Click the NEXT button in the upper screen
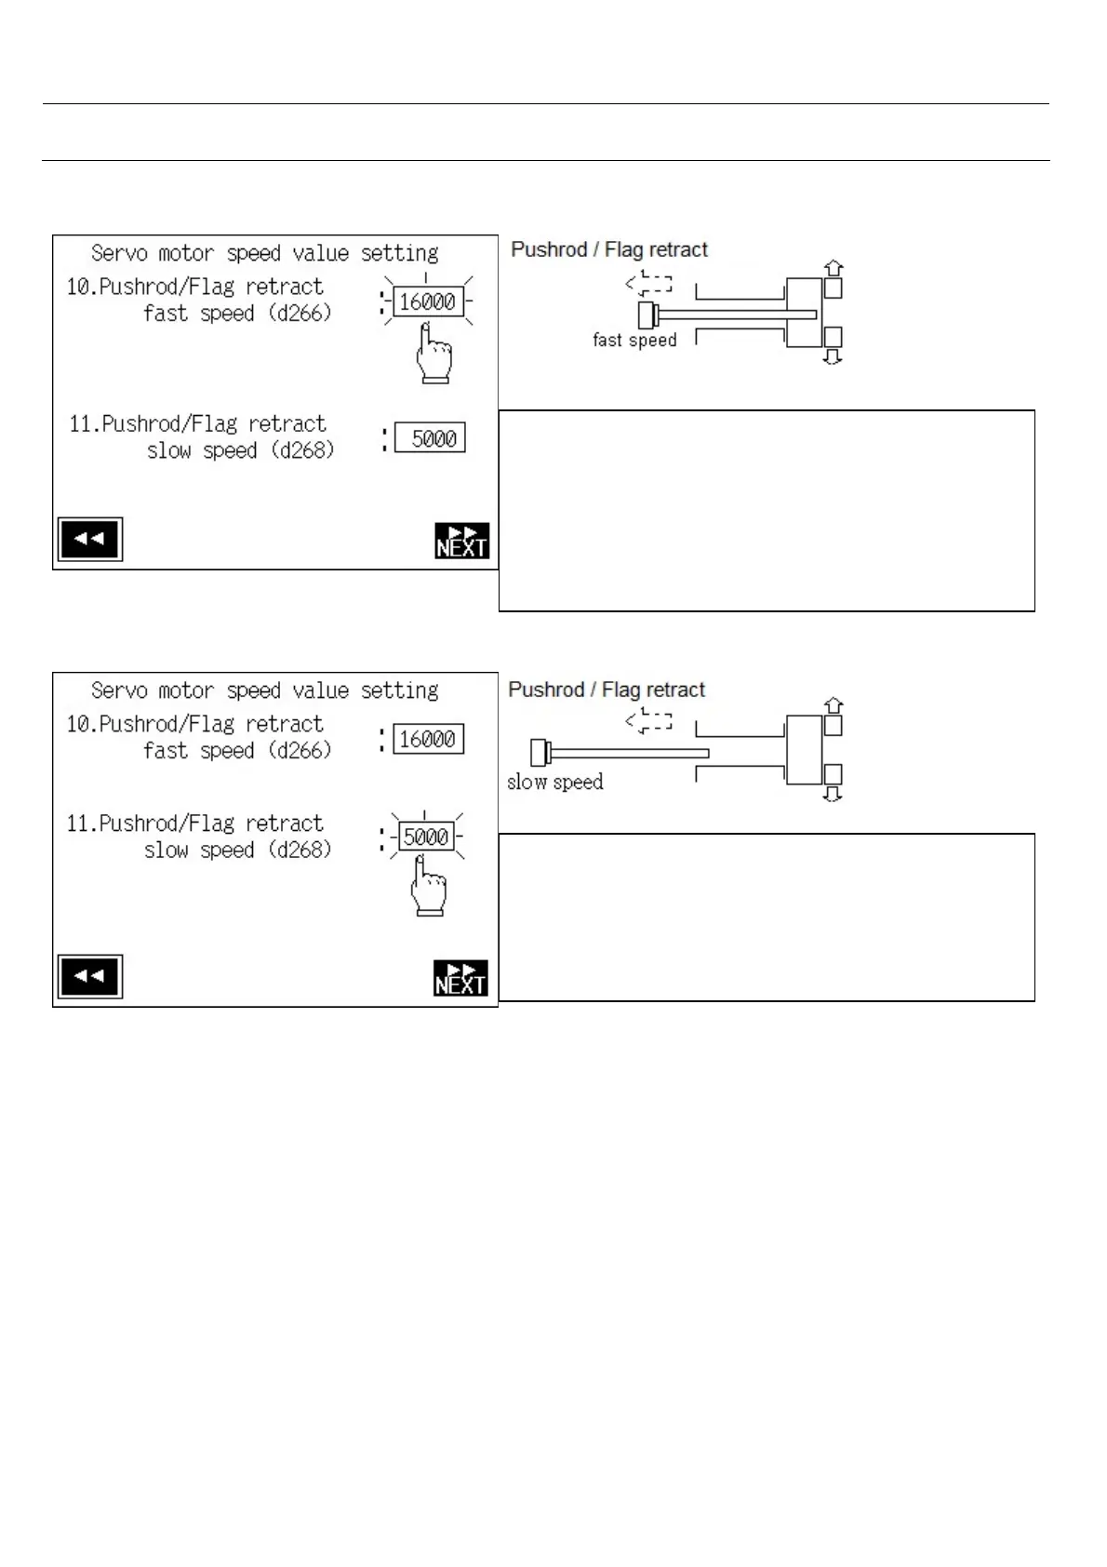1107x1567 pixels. pos(461,541)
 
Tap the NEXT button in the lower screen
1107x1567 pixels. pos(460,978)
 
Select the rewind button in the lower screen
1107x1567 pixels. pos(89,977)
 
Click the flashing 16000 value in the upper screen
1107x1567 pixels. pos(428,302)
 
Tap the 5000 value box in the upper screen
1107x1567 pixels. pos(430,438)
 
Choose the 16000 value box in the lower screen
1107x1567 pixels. pos(428,740)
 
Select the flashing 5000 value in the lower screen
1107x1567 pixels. pos(426,837)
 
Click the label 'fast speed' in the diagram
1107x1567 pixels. pos(634,341)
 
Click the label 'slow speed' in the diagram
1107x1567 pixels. pos(554,783)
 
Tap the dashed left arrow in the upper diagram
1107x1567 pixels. pos(648,283)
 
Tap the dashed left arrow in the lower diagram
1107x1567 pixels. pos(648,720)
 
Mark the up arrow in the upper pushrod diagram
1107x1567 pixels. pos(834,268)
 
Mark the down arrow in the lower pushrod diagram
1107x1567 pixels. pos(834,794)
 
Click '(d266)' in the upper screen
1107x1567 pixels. pos(300,314)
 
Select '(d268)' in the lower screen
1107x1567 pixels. pos(300,850)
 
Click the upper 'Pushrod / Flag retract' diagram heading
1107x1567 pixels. pos(609,249)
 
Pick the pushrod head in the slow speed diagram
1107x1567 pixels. pos(539,752)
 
